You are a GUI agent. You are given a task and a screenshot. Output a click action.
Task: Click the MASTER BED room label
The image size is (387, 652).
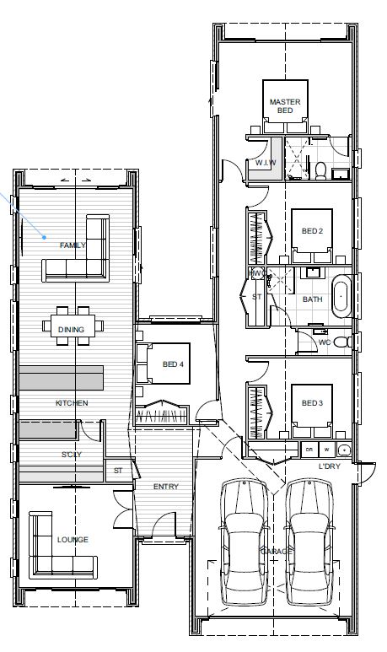point(285,106)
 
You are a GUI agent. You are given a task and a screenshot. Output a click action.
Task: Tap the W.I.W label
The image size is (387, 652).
point(262,162)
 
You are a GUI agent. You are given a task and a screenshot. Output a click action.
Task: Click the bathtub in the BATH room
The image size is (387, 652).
point(342,297)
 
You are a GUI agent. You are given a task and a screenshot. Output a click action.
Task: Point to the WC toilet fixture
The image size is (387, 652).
point(341,342)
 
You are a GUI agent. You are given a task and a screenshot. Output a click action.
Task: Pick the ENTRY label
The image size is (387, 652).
point(165,487)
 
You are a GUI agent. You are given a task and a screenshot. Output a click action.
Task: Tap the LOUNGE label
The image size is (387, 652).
point(73,540)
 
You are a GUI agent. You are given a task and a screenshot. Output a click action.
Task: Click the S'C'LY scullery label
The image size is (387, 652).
point(72,456)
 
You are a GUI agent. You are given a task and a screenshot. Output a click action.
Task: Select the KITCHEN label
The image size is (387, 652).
point(72,403)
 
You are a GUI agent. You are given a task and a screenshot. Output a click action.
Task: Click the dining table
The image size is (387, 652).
point(73,328)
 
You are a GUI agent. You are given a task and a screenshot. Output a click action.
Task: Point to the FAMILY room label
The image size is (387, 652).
point(73,245)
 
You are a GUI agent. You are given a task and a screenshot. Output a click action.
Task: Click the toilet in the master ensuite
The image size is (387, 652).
point(320,168)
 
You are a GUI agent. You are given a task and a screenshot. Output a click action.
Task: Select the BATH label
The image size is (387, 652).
point(313,299)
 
